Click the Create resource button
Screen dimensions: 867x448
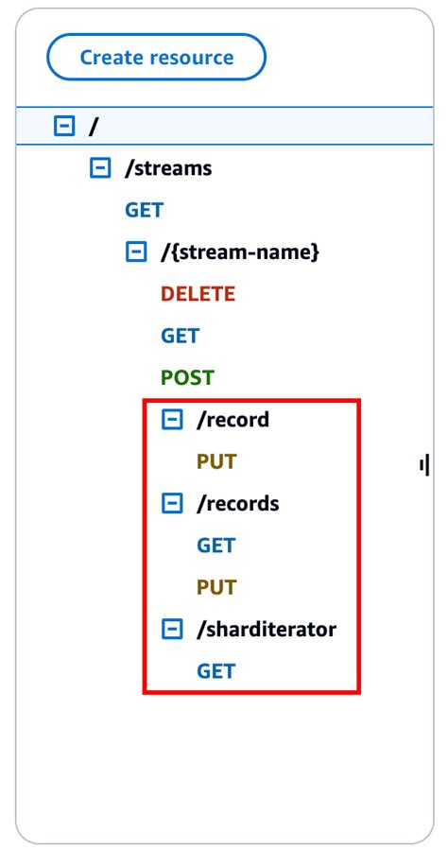coord(156,58)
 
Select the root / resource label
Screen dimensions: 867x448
coord(93,127)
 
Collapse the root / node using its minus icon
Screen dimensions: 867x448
coord(63,127)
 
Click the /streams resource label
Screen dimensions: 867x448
coord(168,168)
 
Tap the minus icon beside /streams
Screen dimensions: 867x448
coord(99,168)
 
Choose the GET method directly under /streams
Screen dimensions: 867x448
coord(144,210)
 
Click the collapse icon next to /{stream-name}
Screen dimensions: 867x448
coord(136,252)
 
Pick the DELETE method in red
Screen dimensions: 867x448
coord(198,294)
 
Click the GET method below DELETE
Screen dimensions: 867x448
coord(180,336)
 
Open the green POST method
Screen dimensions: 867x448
coord(187,377)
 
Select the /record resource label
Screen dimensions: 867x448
coord(233,419)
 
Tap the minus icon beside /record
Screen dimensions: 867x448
coord(172,419)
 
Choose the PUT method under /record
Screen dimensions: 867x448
coord(215,461)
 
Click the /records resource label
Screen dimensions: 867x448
coord(237,503)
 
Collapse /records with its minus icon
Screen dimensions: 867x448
coord(172,503)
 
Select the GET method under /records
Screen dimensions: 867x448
coord(215,545)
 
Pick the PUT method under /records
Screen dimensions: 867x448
coord(215,587)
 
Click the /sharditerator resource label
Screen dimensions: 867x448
coord(266,629)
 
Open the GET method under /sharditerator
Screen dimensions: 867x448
coord(215,670)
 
